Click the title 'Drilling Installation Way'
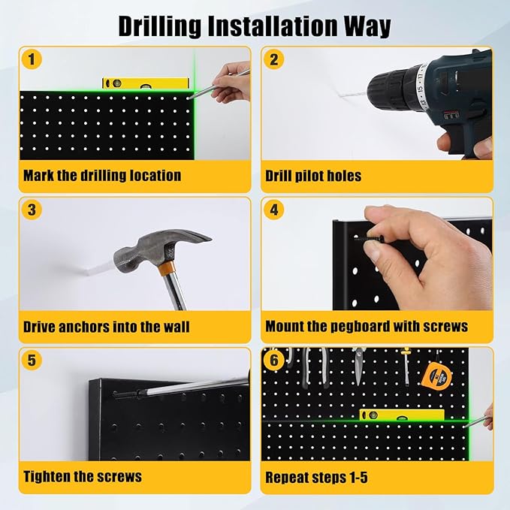[x=255, y=26]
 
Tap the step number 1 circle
[x=32, y=59]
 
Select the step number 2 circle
[x=274, y=59]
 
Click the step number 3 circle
[x=32, y=210]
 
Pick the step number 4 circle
[x=274, y=210]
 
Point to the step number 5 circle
[x=32, y=360]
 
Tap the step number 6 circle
[x=274, y=360]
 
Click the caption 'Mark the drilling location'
[x=102, y=176]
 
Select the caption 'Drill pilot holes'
[x=313, y=176]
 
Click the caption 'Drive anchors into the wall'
[x=106, y=327]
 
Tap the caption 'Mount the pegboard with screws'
[x=367, y=327]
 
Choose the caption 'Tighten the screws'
[x=83, y=476]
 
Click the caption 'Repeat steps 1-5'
[x=316, y=476]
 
